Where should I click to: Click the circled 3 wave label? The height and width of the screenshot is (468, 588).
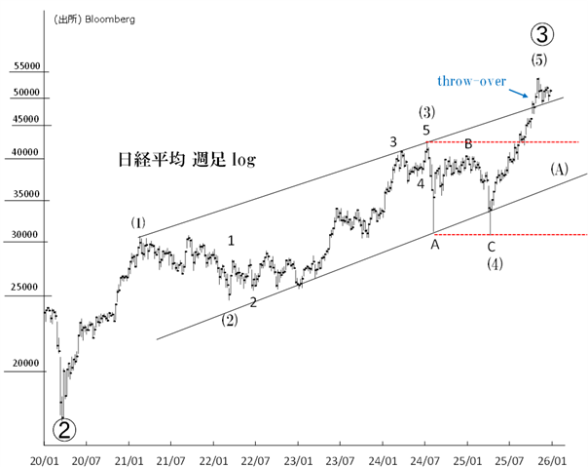(x=543, y=35)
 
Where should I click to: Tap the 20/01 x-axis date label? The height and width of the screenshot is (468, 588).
(x=44, y=457)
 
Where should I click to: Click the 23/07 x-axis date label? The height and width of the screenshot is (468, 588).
(x=340, y=457)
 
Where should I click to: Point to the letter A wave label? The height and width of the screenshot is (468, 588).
(x=434, y=245)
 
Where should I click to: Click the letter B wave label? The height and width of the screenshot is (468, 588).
(x=468, y=144)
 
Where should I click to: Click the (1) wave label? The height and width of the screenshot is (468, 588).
(x=138, y=223)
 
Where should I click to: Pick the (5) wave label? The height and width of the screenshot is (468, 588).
(x=539, y=60)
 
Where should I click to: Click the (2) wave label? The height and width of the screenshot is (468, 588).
(x=229, y=320)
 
